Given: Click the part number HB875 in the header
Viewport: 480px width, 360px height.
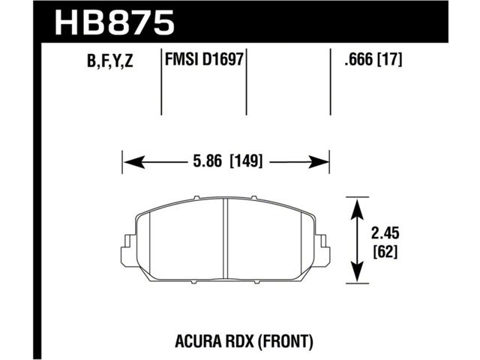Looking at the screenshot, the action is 114,22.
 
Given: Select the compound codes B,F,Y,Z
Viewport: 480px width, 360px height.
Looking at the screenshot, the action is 110,60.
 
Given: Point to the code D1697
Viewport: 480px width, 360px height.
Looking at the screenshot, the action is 223,59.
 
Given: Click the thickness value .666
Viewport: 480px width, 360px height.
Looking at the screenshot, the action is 358,59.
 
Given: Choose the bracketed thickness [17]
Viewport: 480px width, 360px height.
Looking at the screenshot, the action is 389,59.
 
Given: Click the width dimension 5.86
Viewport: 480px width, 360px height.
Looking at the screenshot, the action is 207,161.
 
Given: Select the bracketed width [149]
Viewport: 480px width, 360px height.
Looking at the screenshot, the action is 246,161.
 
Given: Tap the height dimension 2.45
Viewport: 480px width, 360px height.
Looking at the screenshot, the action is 385,234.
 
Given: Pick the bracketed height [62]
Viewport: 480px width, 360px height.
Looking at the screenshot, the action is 385,252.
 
